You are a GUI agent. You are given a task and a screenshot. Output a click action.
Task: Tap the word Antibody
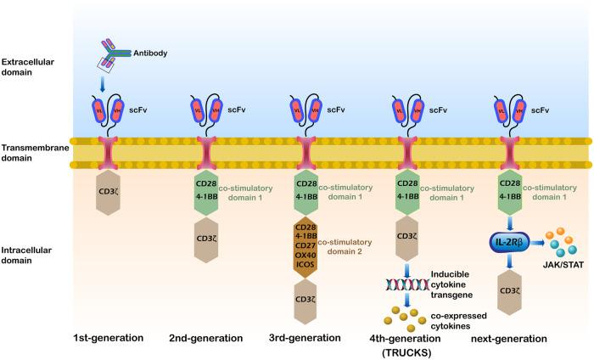point(150,53)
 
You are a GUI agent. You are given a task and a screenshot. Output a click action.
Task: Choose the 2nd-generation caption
point(209,337)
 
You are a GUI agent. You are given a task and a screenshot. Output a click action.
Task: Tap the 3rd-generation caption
point(307,337)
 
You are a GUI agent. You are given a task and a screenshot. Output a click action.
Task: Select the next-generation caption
point(509,337)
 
